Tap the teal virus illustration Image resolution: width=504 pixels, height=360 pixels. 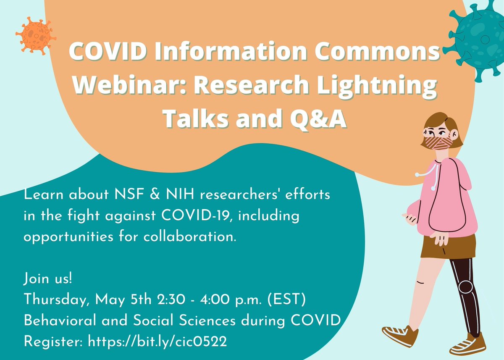(x=478, y=40)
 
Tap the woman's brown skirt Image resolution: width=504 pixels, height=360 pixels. (x=448, y=246)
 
